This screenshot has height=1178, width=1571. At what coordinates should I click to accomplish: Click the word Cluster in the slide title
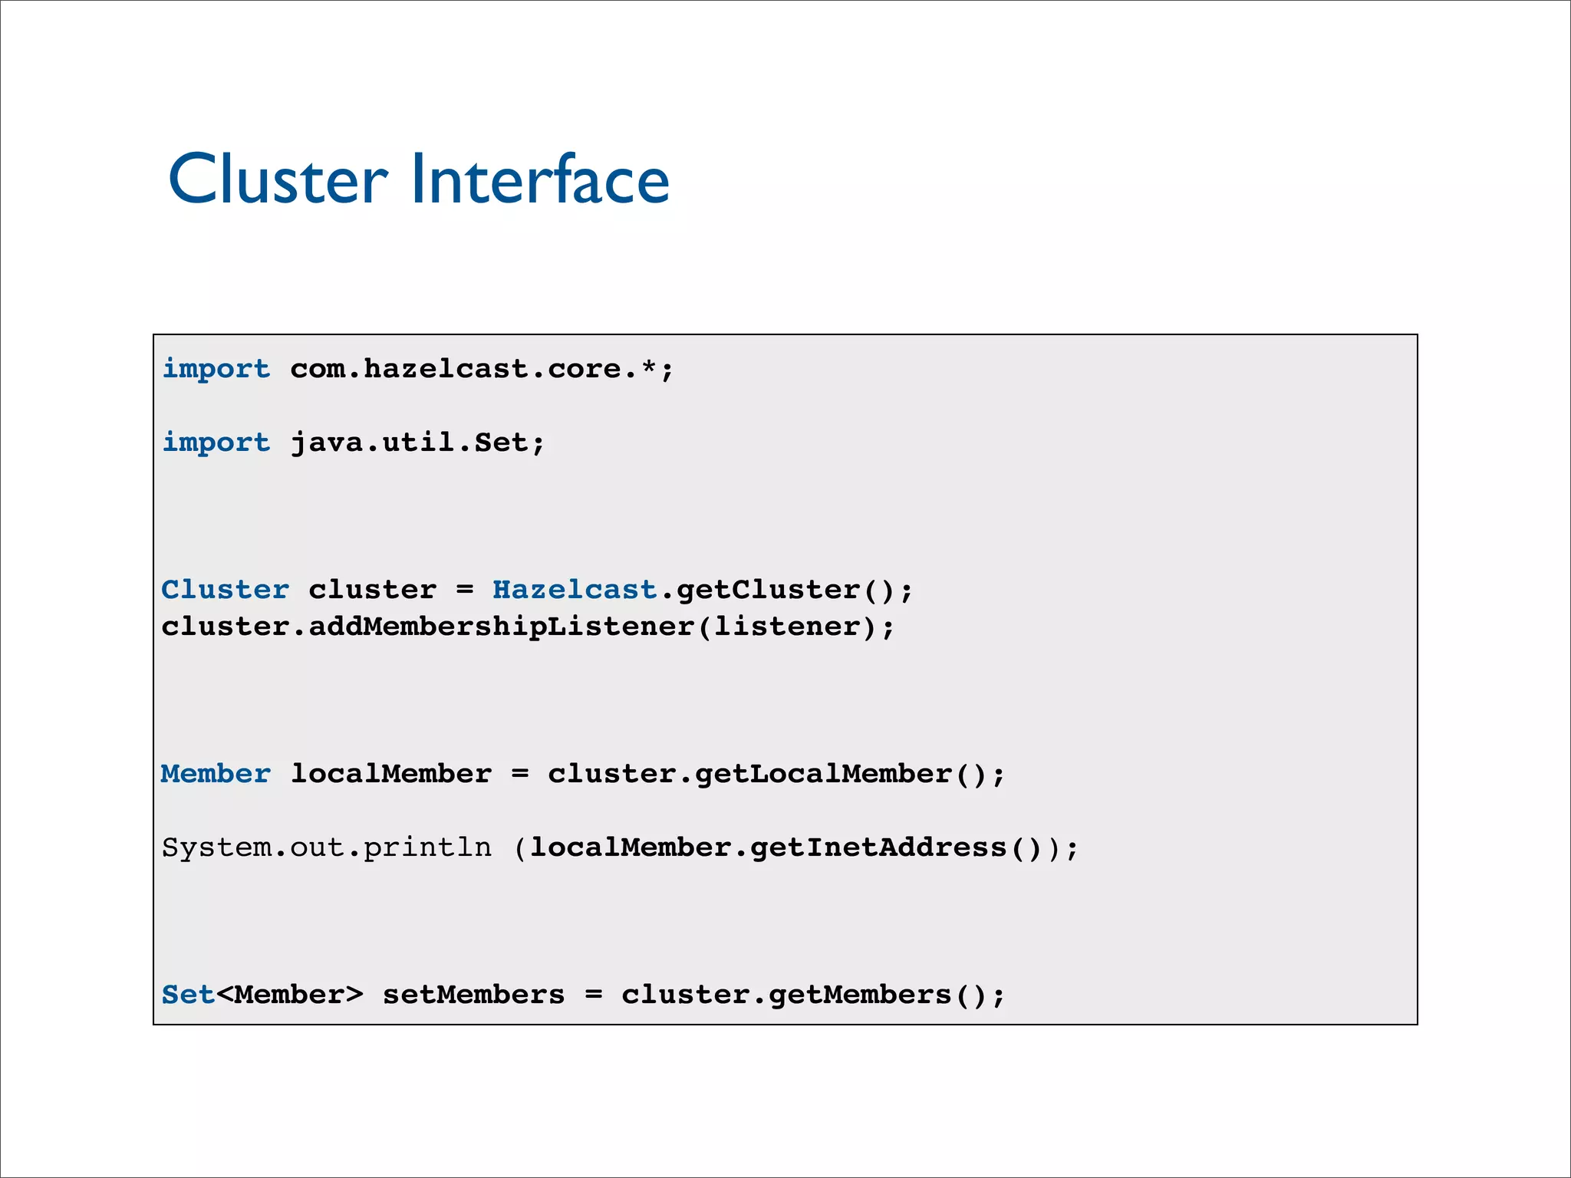[278, 179]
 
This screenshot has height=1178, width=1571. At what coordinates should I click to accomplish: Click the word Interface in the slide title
[540, 179]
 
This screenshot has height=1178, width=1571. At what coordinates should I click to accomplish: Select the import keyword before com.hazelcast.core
[216, 369]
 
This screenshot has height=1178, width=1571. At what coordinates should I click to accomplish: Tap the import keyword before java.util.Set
[216, 443]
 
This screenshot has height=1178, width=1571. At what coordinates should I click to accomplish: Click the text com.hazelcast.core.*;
[482, 369]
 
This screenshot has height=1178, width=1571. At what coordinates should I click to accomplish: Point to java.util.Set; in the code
[417, 443]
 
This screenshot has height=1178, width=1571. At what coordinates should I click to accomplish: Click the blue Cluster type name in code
[225, 590]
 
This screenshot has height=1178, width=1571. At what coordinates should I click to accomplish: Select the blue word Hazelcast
[575, 590]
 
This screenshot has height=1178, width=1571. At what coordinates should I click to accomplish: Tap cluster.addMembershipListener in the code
[427, 627]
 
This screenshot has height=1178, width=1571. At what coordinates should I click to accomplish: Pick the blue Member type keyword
[216, 774]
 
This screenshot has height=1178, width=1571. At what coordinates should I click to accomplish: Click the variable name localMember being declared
[390, 774]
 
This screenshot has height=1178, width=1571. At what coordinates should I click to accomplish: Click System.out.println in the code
[326, 847]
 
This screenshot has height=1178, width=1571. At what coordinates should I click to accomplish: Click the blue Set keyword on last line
[188, 995]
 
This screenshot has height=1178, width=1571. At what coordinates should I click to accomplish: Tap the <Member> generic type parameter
[289, 995]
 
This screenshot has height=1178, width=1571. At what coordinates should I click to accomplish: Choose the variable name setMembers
[473, 995]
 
